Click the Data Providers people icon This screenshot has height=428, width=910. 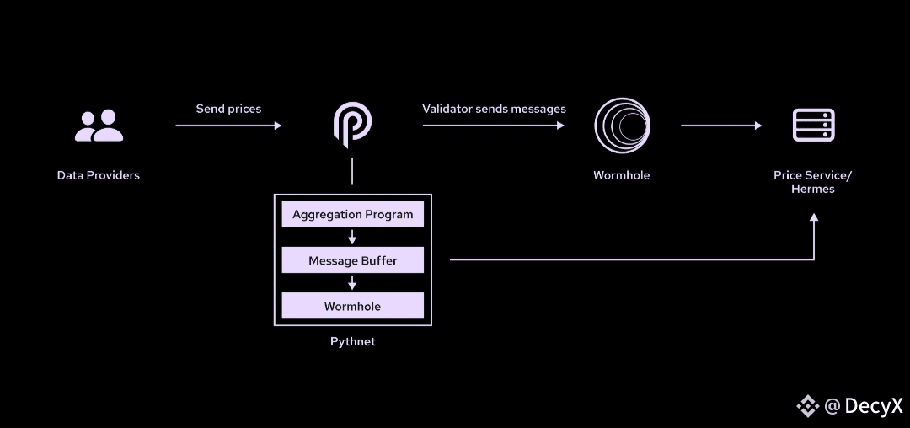pyautogui.click(x=99, y=126)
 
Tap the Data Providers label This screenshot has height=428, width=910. pyautogui.click(x=99, y=176)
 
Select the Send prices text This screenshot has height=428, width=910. pyautogui.click(x=228, y=109)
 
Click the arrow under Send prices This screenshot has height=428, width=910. pyautogui.click(x=228, y=126)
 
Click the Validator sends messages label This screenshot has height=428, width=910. pyautogui.click(x=494, y=109)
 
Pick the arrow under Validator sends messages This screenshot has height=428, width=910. pyautogui.click(x=494, y=126)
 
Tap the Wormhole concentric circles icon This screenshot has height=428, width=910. pyautogui.click(x=622, y=126)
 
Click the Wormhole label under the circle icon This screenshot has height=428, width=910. pyautogui.click(x=622, y=176)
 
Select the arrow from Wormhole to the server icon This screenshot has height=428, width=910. pyautogui.click(x=721, y=126)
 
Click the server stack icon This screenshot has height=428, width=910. pyautogui.click(x=813, y=126)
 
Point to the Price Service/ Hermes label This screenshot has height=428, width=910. pyautogui.click(x=813, y=182)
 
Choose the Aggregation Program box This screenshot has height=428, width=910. pyautogui.click(x=353, y=215)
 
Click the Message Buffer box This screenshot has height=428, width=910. pyautogui.click(x=353, y=261)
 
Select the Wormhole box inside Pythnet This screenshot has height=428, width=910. pyautogui.click(x=353, y=307)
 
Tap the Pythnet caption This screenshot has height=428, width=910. pyautogui.click(x=353, y=342)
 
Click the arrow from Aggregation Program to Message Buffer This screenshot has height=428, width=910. pyautogui.click(x=353, y=238)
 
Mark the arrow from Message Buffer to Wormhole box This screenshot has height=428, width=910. pyautogui.click(x=353, y=284)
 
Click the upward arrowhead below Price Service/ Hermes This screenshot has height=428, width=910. pyautogui.click(x=814, y=218)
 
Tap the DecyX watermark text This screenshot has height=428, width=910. pyautogui.click(x=873, y=406)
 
